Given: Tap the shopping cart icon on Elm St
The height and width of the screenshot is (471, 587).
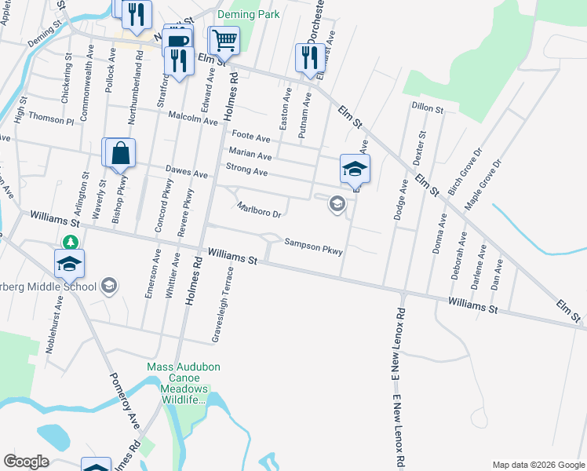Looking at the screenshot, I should pos(225,40).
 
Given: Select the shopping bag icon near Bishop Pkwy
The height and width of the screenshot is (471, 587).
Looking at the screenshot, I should pos(120,153).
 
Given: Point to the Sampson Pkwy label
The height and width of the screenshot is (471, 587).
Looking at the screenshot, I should pos(314,246).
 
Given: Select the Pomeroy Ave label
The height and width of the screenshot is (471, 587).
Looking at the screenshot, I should pos(124,404).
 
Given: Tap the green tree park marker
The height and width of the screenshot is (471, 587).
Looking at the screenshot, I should pos(71,241).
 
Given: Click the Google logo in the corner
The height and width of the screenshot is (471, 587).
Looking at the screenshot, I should pos(26,462).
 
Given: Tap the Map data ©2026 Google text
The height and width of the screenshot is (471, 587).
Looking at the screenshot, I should pos(538,465).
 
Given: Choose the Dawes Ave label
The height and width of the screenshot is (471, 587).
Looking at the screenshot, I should pos(186,171).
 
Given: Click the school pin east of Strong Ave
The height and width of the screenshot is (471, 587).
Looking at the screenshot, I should pos(354,169).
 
